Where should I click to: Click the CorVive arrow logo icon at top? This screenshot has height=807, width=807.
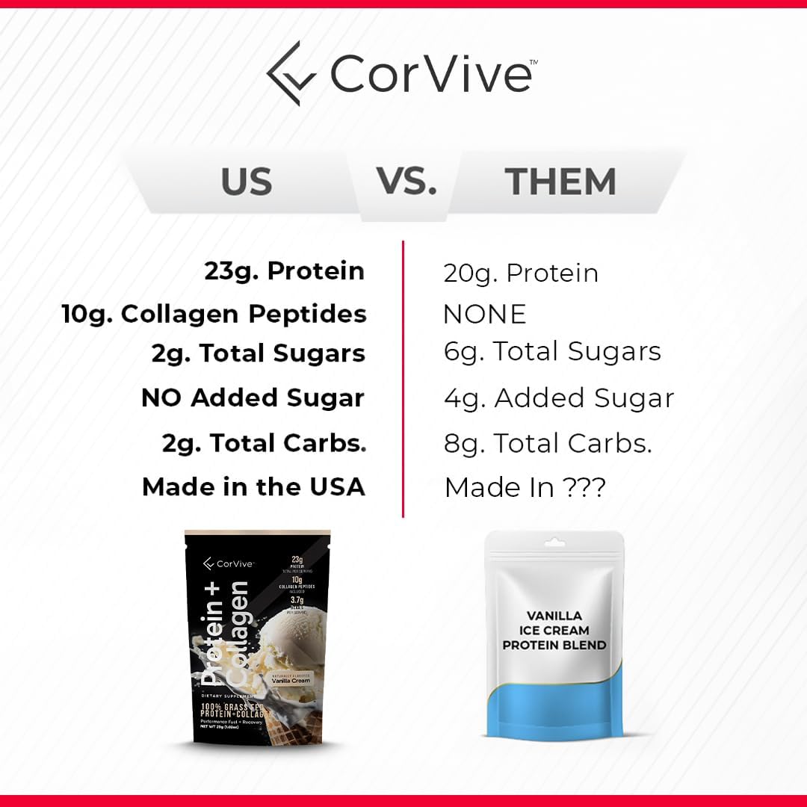pyautogui.click(x=291, y=74)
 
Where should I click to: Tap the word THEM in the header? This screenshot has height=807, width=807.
pyautogui.click(x=560, y=182)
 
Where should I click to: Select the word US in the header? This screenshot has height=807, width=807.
pyautogui.click(x=247, y=182)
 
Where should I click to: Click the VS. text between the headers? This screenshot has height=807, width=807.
pyautogui.click(x=406, y=180)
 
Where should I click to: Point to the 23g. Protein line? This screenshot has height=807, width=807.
pyautogui.click(x=285, y=271)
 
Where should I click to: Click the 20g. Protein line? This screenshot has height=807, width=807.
pyautogui.click(x=521, y=273)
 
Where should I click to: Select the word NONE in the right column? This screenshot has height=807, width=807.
pyautogui.click(x=484, y=314)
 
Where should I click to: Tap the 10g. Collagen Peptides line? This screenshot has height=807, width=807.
pyautogui.click(x=214, y=314)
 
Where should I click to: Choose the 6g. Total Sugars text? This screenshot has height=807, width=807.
pyautogui.click(x=552, y=351)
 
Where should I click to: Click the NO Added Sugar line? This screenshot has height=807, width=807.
pyautogui.click(x=253, y=398)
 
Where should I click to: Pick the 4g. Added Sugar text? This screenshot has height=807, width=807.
pyautogui.click(x=559, y=398)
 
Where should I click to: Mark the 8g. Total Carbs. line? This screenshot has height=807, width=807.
pyautogui.click(x=548, y=443)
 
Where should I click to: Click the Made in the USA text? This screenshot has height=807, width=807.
pyautogui.click(x=253, y=487)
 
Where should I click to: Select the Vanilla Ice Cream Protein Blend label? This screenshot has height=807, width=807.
pyautogui.click(x=554, y=630)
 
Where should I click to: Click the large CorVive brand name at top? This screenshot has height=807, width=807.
pyautogui.click(x=430, y=73)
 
